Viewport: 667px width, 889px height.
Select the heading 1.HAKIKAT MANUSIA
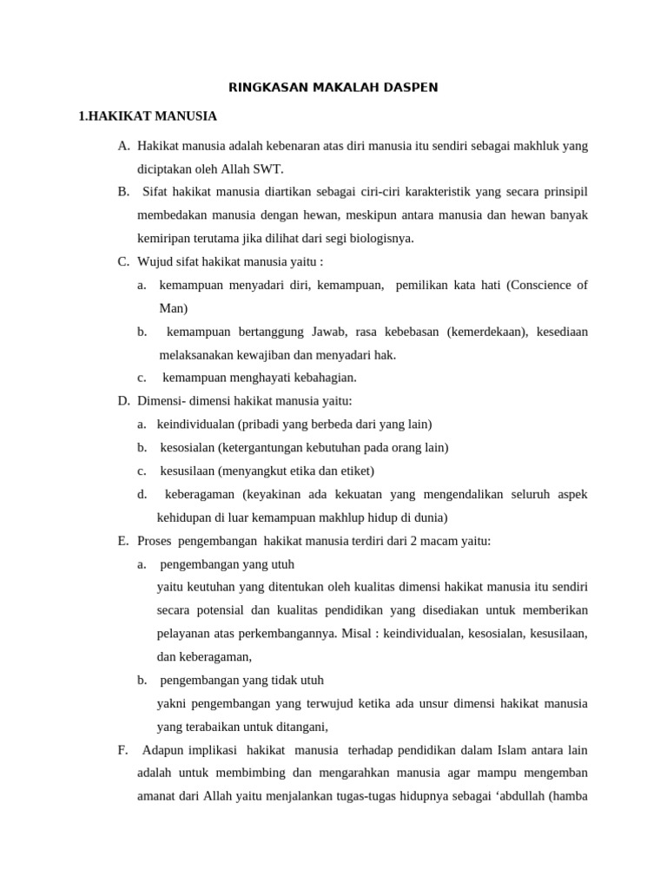(148, 115)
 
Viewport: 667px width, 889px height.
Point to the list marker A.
(123, 146)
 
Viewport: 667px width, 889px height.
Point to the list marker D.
(123, 401)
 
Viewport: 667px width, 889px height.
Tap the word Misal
(357, 634)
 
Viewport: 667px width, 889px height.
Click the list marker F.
(122, 750)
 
